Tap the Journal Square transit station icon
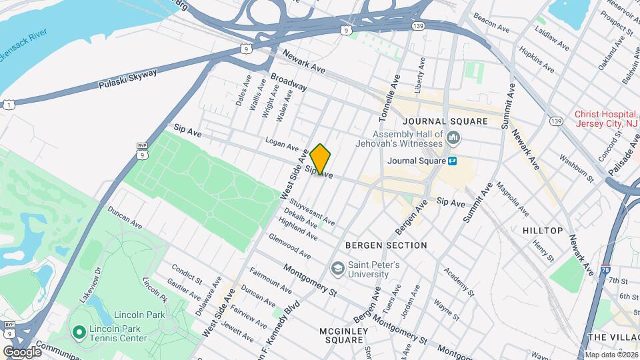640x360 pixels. pyautogui.click(x=452, y=161)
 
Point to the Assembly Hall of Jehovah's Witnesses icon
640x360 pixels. pyautogui.click(x=454, y=138)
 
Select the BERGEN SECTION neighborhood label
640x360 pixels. pyautogui.click(x=386, y=245)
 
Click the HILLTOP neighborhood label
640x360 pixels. pyautogui.click(x=543, y=231)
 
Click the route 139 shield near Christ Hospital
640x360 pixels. pyautogui.click(x=555, y=121)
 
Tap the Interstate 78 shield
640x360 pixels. pyautogui.click(x=603, y=269)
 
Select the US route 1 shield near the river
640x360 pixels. pyautogui.click(x=8, y=105)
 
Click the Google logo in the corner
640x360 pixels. pyautogui.click(x=21, y=351)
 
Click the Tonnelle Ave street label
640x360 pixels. pyautogui.click(x=388, y=100)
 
